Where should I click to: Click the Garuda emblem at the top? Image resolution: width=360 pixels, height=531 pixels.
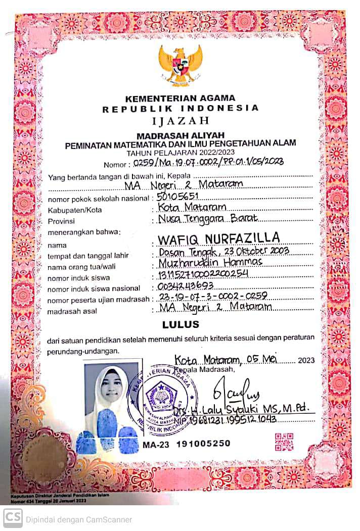point(180,64)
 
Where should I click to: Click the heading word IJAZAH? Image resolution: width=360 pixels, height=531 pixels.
point(180,121)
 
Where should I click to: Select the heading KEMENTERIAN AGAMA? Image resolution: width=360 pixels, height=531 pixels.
point(180,98)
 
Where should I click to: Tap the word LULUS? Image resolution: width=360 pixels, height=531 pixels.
point(181,324)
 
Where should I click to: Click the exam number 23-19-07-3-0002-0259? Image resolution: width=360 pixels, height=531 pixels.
point(213,297)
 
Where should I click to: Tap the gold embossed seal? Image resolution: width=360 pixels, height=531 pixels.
point(46,457)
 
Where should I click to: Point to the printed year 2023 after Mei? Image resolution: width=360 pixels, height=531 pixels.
point(306,360)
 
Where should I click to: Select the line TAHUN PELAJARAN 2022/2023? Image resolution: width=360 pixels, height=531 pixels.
point(180,153)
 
